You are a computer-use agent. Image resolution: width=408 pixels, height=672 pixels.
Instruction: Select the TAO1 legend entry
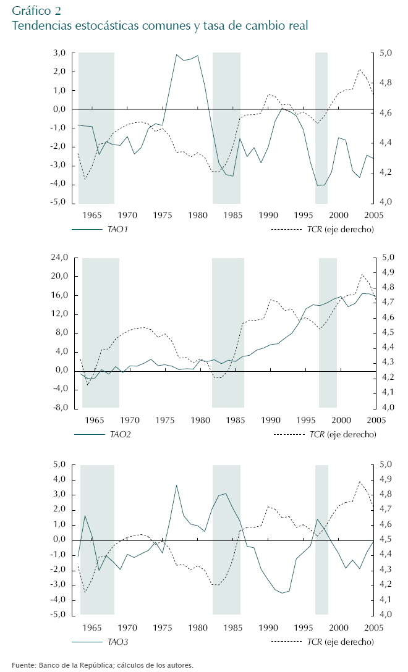click(x=121, y=229)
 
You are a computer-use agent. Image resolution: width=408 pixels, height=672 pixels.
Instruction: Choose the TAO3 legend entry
click(x=118, y=642)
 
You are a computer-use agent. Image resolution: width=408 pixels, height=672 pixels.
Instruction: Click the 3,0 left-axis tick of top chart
click(x=59, y=53)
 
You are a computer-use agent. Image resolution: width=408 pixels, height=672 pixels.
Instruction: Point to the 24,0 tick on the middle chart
click(x=57, y=258)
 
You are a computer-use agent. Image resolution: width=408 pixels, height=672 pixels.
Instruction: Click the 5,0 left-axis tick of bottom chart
click(x=59, y=464)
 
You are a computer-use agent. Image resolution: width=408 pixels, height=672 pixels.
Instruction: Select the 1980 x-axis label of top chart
click(x=198, y=215)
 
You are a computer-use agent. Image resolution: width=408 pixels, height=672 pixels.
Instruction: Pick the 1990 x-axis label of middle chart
click(x=270, y=420)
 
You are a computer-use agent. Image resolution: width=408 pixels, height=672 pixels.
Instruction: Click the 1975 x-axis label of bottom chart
click(x=163, y=628)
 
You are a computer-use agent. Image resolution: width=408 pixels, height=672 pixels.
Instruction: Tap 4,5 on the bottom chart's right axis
click(x=385, y=540)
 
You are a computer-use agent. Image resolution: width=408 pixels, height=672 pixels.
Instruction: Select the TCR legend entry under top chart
click(x=341, y=229)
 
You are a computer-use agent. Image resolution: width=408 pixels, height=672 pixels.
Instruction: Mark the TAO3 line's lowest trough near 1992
click(x=282, y=593)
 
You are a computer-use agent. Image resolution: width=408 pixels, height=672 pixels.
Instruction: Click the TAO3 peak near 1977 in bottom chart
click(x=177, y=485)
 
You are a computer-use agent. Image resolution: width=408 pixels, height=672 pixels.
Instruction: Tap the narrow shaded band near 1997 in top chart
click(x=321, y=128)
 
